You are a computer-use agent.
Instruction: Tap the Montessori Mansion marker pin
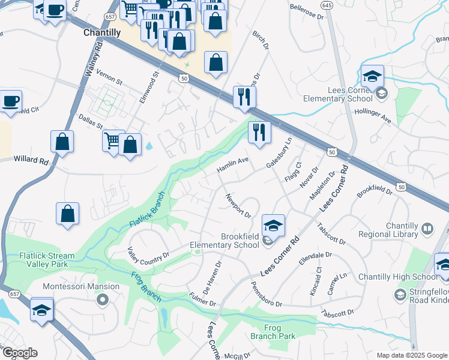tap(103, 299)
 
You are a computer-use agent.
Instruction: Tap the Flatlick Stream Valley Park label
tap(47, 260)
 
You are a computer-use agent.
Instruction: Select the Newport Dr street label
tap(238, 205)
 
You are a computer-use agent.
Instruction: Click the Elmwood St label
tap(149, 88)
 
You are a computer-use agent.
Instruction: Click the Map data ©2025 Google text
tap(412, 355)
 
